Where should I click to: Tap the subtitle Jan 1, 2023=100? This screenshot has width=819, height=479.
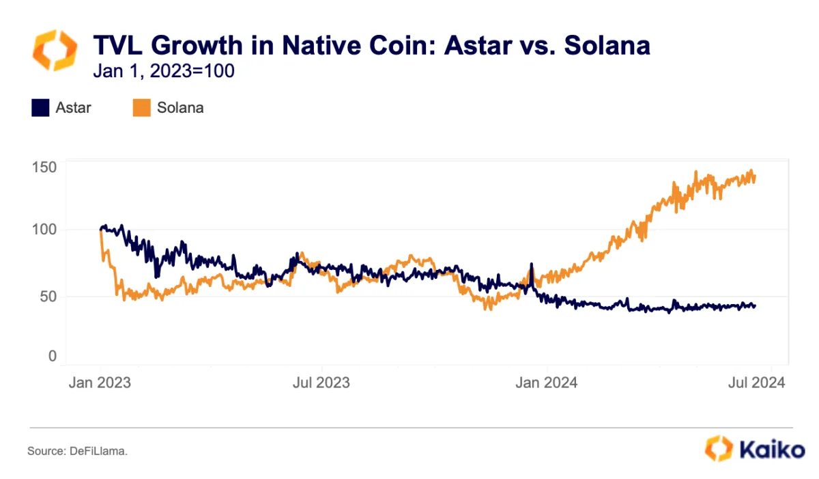click(x=163, y=70)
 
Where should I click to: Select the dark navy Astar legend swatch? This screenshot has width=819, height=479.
click(x=40, y=107)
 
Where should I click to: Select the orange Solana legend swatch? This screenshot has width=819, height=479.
click(x=141, y=107)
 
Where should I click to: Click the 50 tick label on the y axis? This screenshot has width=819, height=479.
click(x=48, y=296)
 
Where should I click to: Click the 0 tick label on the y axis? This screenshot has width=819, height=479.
click(x=53, y=356)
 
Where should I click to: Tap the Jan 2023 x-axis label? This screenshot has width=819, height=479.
click(x=100, y=382)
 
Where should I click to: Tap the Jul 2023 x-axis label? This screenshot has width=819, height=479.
click(x=321, y=382)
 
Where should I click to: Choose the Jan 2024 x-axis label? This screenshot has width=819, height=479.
click(x=547, y=382)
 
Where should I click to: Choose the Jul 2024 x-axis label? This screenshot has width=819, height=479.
click(x=755, y=382)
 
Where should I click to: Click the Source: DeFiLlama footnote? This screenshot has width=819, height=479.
click(x=78, y=451)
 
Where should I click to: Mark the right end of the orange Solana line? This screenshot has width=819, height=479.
click(x=755, y=176)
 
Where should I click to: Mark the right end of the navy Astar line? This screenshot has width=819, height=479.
click(x=755, y=305)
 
